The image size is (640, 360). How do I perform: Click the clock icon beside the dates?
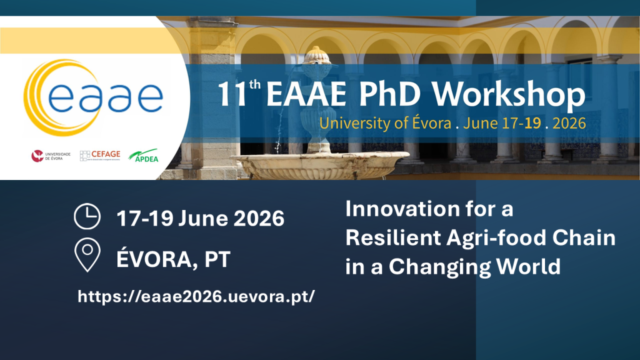(87, 217)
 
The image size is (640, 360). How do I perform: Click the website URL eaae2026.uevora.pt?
(196, 296)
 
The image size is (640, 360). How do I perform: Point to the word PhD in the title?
(396, 95)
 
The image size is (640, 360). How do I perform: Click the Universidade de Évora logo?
(51, 156)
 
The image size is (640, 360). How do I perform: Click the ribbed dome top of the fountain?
(317, 55)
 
